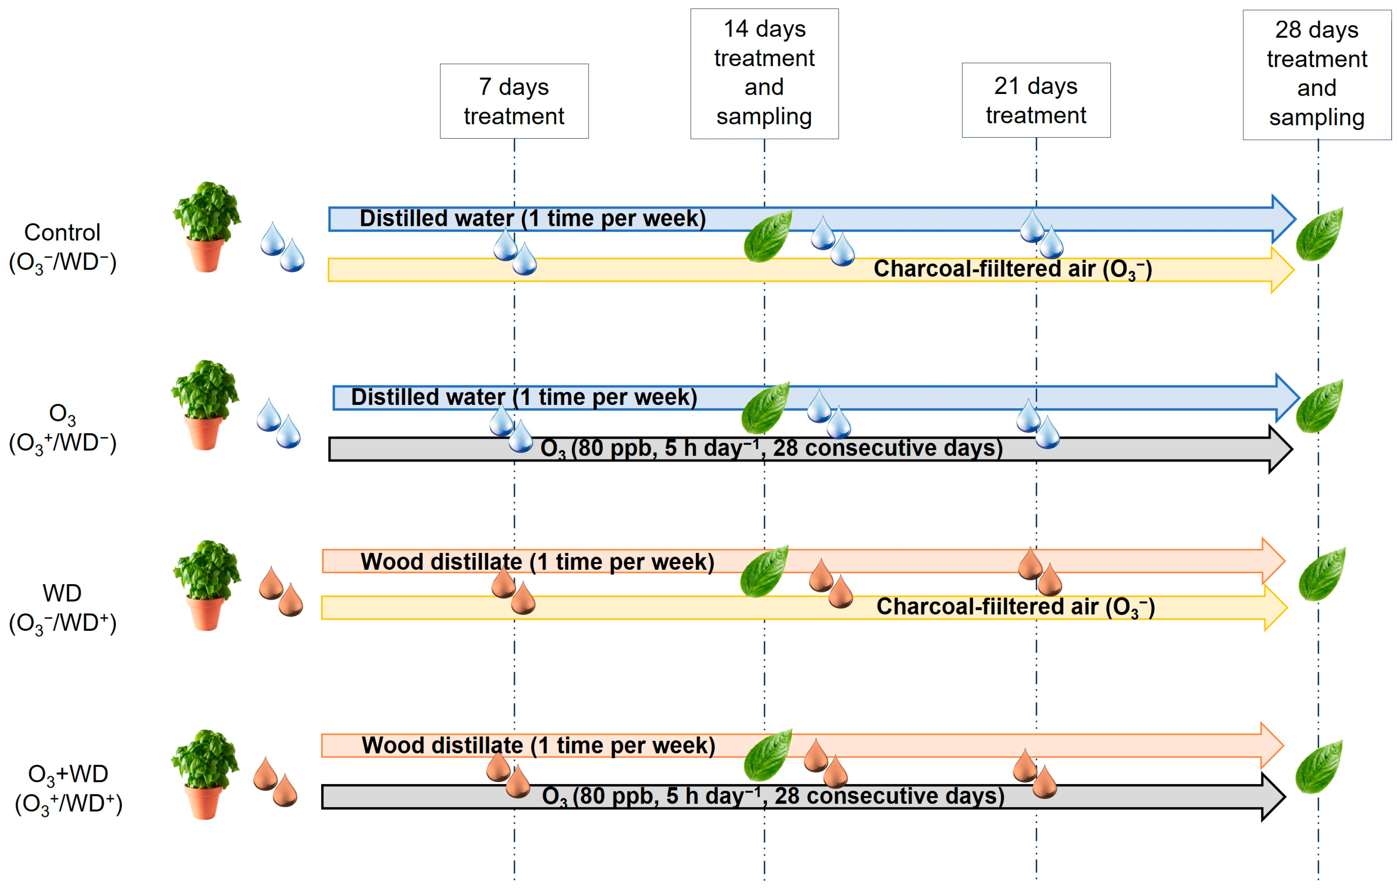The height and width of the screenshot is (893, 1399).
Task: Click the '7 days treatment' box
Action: click(514, 101)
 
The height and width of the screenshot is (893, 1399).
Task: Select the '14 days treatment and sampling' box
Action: click(764, 73)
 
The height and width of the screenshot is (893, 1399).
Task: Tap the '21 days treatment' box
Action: click(1036, 100)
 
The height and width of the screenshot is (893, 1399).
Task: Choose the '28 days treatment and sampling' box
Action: click(1317, 74)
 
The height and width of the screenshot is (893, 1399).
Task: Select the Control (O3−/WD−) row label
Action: click(63, 247)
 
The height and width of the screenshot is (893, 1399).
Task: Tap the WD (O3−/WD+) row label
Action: click(63, 608)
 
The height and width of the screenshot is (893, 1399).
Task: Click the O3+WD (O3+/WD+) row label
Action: click(68, 788)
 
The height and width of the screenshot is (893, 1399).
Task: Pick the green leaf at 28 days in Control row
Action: click(1320, 234)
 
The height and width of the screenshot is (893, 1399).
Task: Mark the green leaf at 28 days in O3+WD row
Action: click(1319, 766)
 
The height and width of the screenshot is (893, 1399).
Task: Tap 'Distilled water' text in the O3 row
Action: click(427, 397)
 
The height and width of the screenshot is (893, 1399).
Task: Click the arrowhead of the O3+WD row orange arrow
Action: click(1271, 745)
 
